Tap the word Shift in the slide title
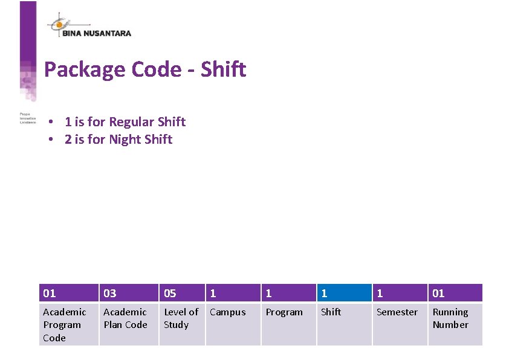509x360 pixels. (x=224, y=70)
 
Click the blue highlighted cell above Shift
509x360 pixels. (x=344, y=293)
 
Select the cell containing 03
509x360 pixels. (x=128, y=293)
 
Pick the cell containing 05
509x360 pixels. (x=181, y=293)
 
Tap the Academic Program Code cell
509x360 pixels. (x=68, y=324)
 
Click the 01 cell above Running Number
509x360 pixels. (x=455, y=293)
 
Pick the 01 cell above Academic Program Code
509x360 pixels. (x=68, y=293)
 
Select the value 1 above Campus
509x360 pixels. (x=233, y=293)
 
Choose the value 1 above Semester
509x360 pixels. (x=400, y=293)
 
